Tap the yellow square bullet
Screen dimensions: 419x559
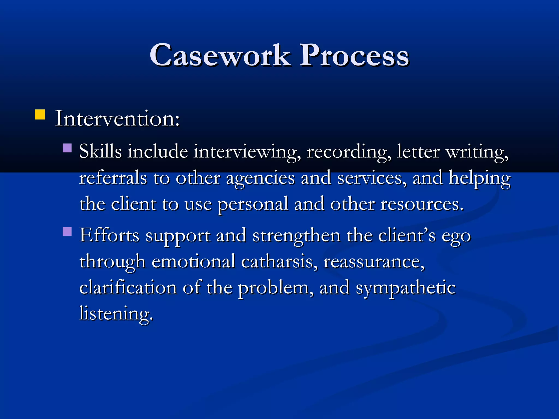click(x=40, y=115)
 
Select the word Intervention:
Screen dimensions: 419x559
click(x=117, y=119)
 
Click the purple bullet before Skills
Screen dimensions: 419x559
click(x=67, y=148)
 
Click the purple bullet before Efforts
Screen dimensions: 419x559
click(x=67, y=232)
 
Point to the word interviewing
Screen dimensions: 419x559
click(x=247, y=152)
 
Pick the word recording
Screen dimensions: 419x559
click(x=349, y=152)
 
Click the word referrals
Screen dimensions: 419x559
click(x=113, y=178)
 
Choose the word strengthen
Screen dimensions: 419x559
click(x=296, y=236)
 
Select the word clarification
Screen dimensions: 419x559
click(x=128, y=288)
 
